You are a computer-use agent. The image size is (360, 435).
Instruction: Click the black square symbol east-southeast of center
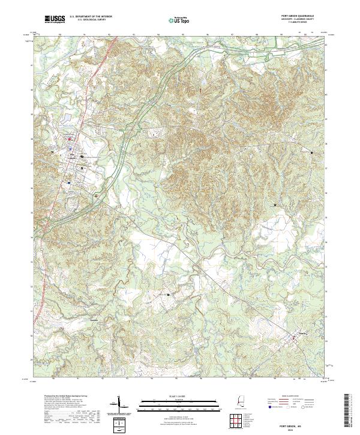(x=275, y=205)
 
